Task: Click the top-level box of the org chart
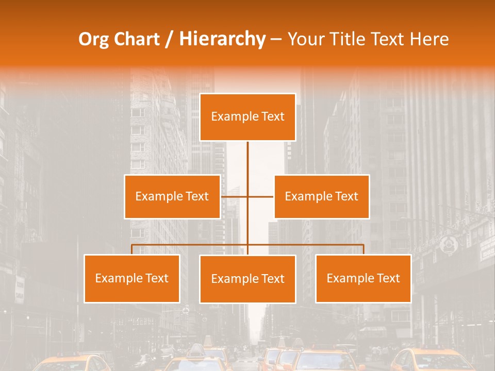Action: coord(247,117)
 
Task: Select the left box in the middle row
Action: coord(172,196)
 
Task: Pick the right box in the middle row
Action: coord(321,196)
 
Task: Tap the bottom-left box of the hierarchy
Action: coord(132,278)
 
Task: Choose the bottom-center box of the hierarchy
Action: coord(247,279)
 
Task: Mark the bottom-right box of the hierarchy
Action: coord(363,278)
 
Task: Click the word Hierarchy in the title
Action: coord(222,39)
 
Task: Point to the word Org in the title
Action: coord(94,39)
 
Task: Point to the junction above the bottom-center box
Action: coord(247,245)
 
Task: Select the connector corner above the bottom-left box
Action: coord(132,245)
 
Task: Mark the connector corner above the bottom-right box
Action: coord(363,245)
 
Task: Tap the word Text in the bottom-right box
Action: coord(388,278)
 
